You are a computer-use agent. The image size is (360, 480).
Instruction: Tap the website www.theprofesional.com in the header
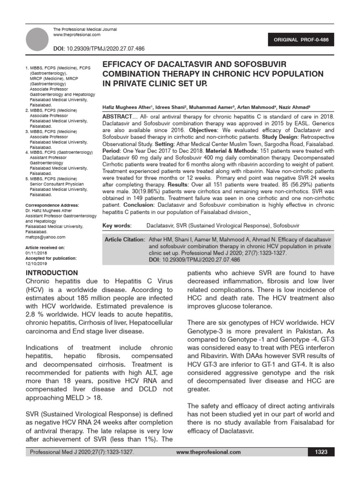click(x=77, y=35)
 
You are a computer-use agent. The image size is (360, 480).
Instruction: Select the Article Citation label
click(x=124, y=240)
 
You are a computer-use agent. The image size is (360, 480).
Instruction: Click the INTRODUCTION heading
click(x=52, y=273)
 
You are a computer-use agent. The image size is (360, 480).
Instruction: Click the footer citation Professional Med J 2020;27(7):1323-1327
click(x=82, y=452)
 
